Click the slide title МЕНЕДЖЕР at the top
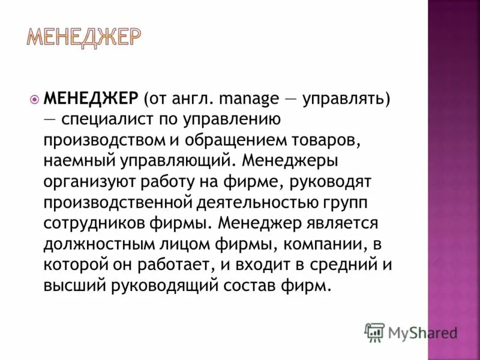(x=85, y=38)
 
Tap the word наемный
(x=77, y=160)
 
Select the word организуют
(x=88, y=181)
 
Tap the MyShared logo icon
(x=374, y=332)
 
